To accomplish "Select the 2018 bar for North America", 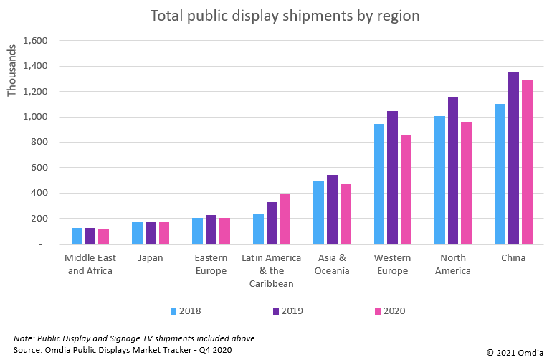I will (439, 180).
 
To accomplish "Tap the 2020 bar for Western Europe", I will (406, 189).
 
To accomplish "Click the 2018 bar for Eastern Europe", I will (197, 231).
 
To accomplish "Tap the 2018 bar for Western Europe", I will (379, 184).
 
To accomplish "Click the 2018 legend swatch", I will (173, 311).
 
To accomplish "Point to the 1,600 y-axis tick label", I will (34, 41).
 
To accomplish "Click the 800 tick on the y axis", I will (39, 142).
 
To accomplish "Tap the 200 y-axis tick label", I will (39, 218).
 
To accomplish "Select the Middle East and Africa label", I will (89, 264).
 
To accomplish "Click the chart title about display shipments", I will (285, 15).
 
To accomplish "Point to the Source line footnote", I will (123, 349).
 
